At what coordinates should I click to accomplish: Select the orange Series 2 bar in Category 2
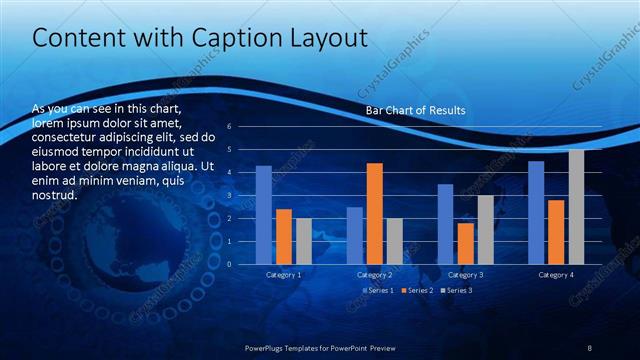[374, 213]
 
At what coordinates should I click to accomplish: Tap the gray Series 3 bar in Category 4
[576, 207]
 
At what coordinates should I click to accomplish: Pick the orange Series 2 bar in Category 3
[465, 243]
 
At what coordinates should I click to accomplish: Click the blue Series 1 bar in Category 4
[536, 212]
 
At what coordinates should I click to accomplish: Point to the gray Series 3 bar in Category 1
[303, 241]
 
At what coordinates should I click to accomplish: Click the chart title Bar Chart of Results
[415, 110]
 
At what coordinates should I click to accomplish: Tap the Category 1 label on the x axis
[284, 274]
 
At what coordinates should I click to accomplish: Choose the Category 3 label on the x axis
[465, 274]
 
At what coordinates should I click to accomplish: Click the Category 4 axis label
[556, 274]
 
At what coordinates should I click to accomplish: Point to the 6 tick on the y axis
[229, 127]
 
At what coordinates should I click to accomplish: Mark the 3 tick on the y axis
[229, 196]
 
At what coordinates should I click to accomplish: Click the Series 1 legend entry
[379, 290]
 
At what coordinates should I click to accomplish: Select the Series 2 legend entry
[418, 290]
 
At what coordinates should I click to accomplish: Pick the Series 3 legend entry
[457, 290]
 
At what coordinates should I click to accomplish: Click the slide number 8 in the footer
[590, 347]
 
